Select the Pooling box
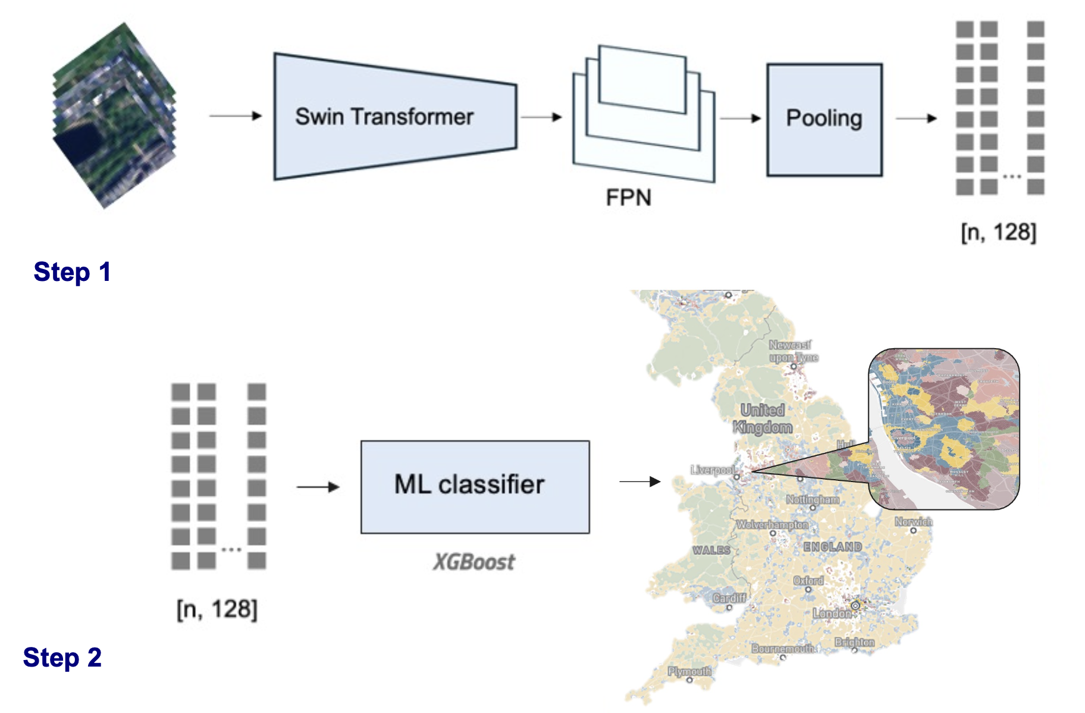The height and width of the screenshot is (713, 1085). pyautogui.click(x=824, y=119)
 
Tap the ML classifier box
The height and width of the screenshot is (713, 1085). pyautogui.click(x=475, y=486)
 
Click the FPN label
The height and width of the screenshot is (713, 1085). pyautogui.click(x=628, y=198)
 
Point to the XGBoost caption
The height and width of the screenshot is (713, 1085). pyautogui.click(x=474, y=562)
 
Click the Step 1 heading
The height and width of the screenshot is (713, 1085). pyautogui.click(x=72, y=272)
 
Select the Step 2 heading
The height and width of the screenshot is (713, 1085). pyautogui.click(x=62, y=658)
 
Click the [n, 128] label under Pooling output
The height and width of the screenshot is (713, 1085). pyautogui.click(x=998, y=232)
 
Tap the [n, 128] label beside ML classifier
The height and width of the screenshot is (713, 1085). pyautogui.click(x=217, y=609)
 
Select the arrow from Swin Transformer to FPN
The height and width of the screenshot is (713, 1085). pyautogui.click(x=541, y=117)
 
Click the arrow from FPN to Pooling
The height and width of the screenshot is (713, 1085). pyautogui.click(x=740, y=118)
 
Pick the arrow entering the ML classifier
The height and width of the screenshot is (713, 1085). pyautogui.click(x=318, y=487)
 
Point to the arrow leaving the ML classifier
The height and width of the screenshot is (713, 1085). pyautogui.click(x=639, y=481)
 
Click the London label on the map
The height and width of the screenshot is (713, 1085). pyautogui.click(x=832, y=613)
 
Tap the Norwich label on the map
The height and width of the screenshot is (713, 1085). pyautogui.click(x=914, y=522)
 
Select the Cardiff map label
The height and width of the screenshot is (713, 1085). pyautogui.click(x=729, y=598)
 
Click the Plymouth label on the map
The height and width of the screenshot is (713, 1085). pyautogui.click(x=689, y=671)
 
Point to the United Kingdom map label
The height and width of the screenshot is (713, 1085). pyautogui.click(x=763, y=418)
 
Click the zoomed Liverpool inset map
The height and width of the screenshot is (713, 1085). pyautogui.click(x=944, y=429)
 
